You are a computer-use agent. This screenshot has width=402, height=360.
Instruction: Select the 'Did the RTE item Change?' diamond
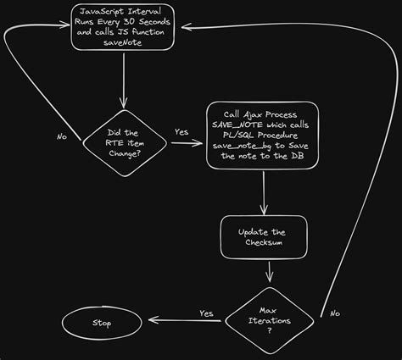[124, 141]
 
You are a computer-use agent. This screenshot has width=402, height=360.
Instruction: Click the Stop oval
[102, 324]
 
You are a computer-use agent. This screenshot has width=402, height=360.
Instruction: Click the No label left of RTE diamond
[62, 136]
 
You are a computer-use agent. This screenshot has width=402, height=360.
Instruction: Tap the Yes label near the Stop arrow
[206, 313]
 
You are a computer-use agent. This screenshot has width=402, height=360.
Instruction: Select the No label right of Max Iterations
[334, 313]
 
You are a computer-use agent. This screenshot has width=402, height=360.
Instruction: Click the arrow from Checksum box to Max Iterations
[271, 271]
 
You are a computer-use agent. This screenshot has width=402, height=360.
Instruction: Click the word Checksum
[263, 244]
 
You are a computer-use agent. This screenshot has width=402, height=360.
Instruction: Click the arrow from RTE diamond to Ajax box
[187, 143]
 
